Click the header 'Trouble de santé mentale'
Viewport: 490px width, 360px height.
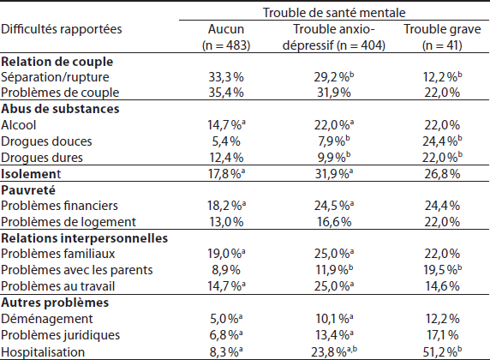point(334,13)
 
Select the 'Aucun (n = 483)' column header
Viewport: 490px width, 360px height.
point(226,37)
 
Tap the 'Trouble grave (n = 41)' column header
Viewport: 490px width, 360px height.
point(442,37)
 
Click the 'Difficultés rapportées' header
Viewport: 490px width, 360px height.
point(62,29)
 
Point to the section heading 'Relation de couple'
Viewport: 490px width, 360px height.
point(57,62)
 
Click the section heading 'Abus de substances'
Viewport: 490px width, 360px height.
point(60,109)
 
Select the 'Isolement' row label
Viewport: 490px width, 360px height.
point(31,174)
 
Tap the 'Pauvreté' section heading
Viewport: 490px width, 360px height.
point(28,190)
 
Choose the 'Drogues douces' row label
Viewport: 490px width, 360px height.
point(46,141)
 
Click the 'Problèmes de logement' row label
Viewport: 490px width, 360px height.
point(69,222)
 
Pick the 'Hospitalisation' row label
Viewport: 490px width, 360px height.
point(43,352)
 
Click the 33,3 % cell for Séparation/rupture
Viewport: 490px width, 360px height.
point(226,77)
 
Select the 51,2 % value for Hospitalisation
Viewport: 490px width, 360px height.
point(442,352)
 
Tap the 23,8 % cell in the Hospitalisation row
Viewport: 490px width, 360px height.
point(334,352)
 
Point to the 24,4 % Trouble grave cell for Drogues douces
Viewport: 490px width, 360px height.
point(442,141)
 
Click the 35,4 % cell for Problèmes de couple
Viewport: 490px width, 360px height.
point(226,93)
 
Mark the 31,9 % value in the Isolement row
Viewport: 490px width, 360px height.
point(334,174)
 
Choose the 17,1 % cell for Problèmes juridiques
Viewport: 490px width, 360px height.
point(442,335)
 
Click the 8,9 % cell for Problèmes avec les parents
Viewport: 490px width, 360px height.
point(226,270)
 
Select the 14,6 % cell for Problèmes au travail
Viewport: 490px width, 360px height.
point(442,286)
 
